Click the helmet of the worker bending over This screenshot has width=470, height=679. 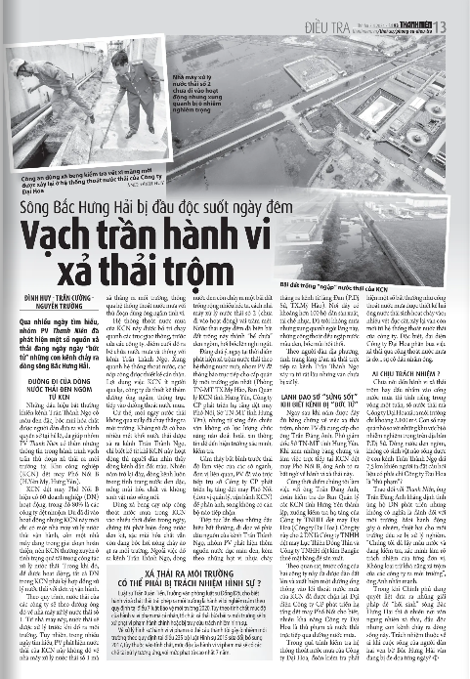pos(25,68)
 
